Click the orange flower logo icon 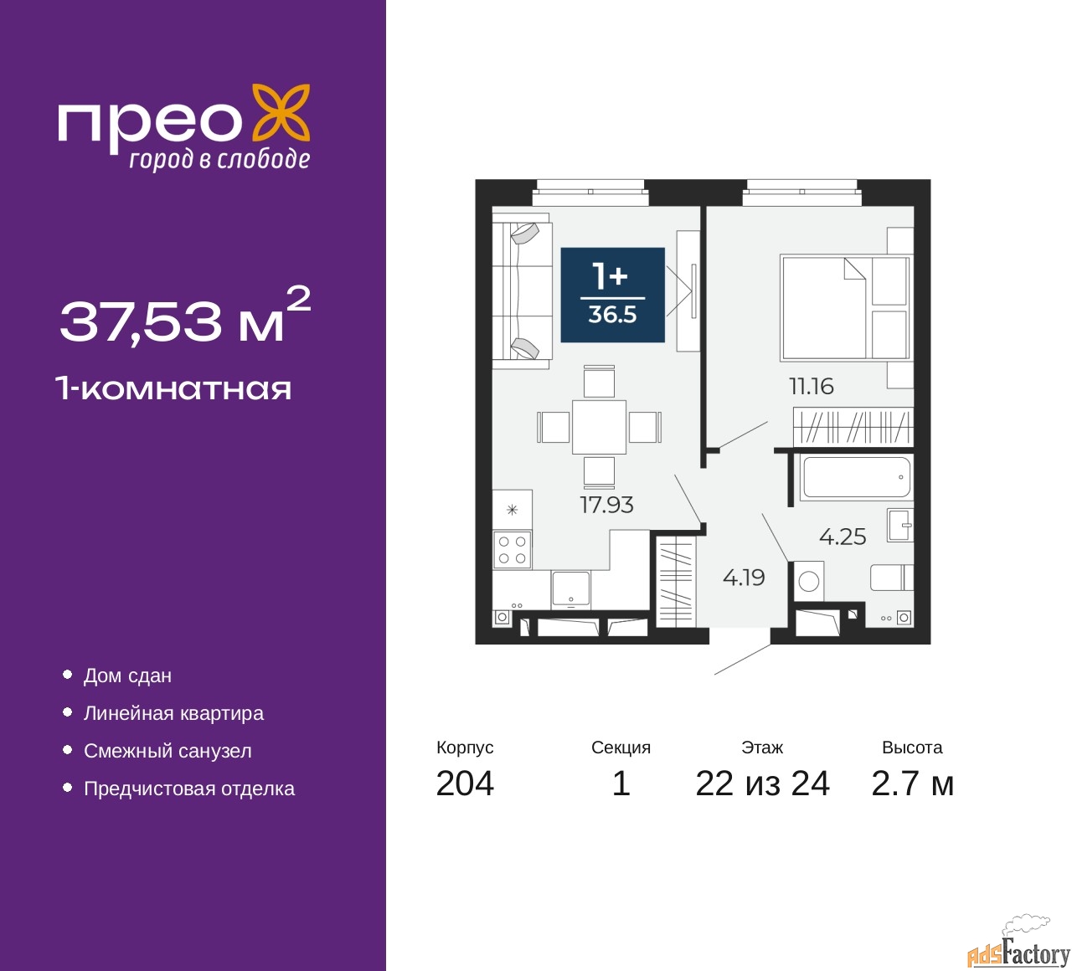click(x=281, y=112)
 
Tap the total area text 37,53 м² click(x=184, y=316)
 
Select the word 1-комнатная click(x=173, y=388)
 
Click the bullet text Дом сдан click(x=127, y=676)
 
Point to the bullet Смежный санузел click(x=167, y=751)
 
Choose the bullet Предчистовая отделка click(x=188, y=789)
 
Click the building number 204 click(x=465, y=783)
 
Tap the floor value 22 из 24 click(x=762, y=783)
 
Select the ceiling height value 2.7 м click(x=912, y=783)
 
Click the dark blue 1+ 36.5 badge click(x=612, y=295)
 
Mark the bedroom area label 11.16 click(x=811, y=386)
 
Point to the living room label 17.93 click(x=606, y=505)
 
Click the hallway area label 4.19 click(x=744, y=578)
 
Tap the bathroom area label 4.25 click(x=842, y=537)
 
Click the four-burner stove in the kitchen click(x=512, y=550)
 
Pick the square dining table click(x=599, y=427)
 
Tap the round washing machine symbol click(x=809, y=582)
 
